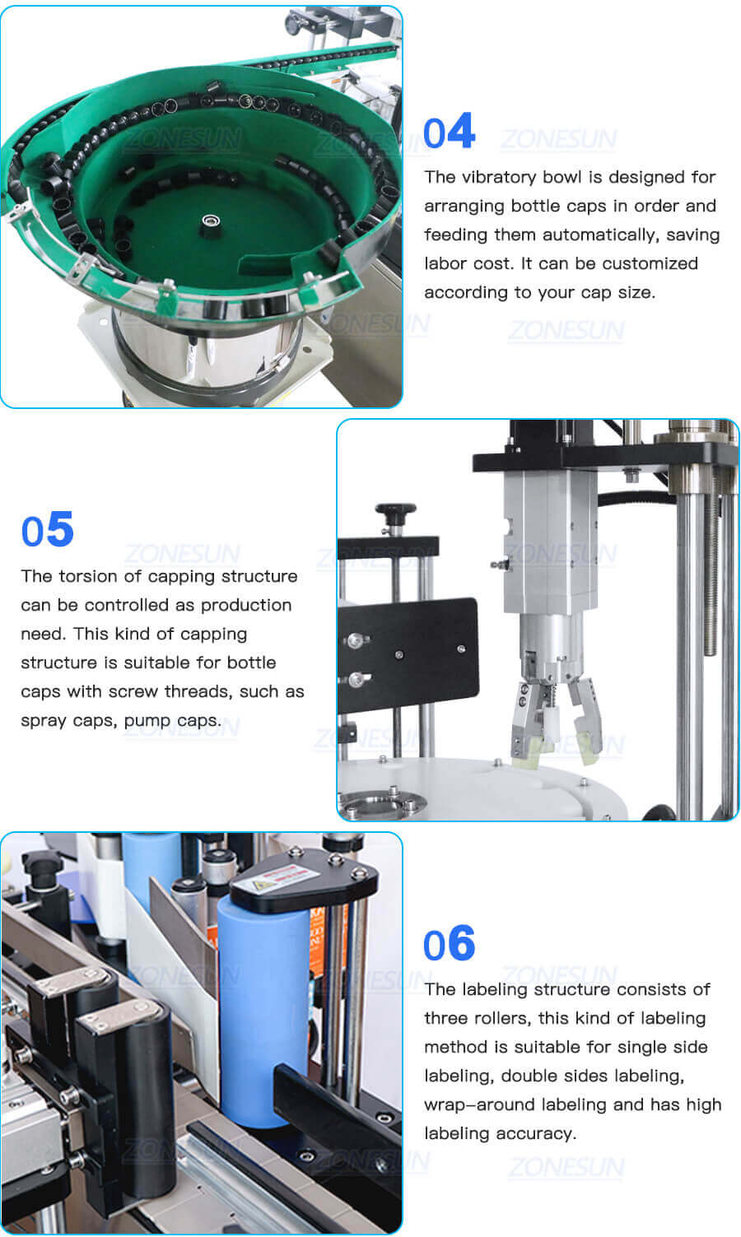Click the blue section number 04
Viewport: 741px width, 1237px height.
click(449, 133)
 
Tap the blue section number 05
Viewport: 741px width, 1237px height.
click(47, 531)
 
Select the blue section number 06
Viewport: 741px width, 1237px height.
click(449, 945)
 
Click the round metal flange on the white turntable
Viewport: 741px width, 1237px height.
click(379, 802)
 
